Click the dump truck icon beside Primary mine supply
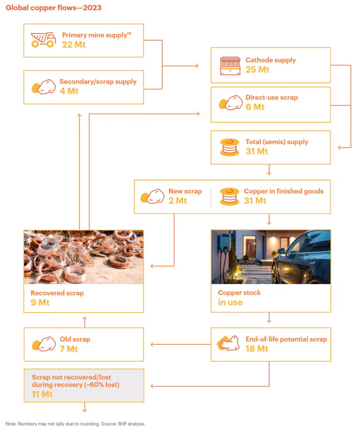pos(43,40)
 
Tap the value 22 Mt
pos(73,45)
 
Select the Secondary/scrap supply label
pos(98,82)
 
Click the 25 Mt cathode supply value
pos(257,70)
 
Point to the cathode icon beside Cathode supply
pos(229,65)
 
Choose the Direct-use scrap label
pos(272,97)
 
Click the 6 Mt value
pos(255,107)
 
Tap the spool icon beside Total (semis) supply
pos(229,147)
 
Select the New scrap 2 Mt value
pos(178,201)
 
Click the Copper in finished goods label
pos(284,191)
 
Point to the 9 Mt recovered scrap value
pos(40,303)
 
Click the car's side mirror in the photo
pos(281,251)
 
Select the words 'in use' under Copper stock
pos(230,303)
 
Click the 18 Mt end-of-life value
pos(257,349)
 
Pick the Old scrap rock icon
pos(43,344)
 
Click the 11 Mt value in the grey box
pos(42,395)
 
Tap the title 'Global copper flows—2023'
pos(54,8)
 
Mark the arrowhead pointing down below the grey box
pos(84,410)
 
